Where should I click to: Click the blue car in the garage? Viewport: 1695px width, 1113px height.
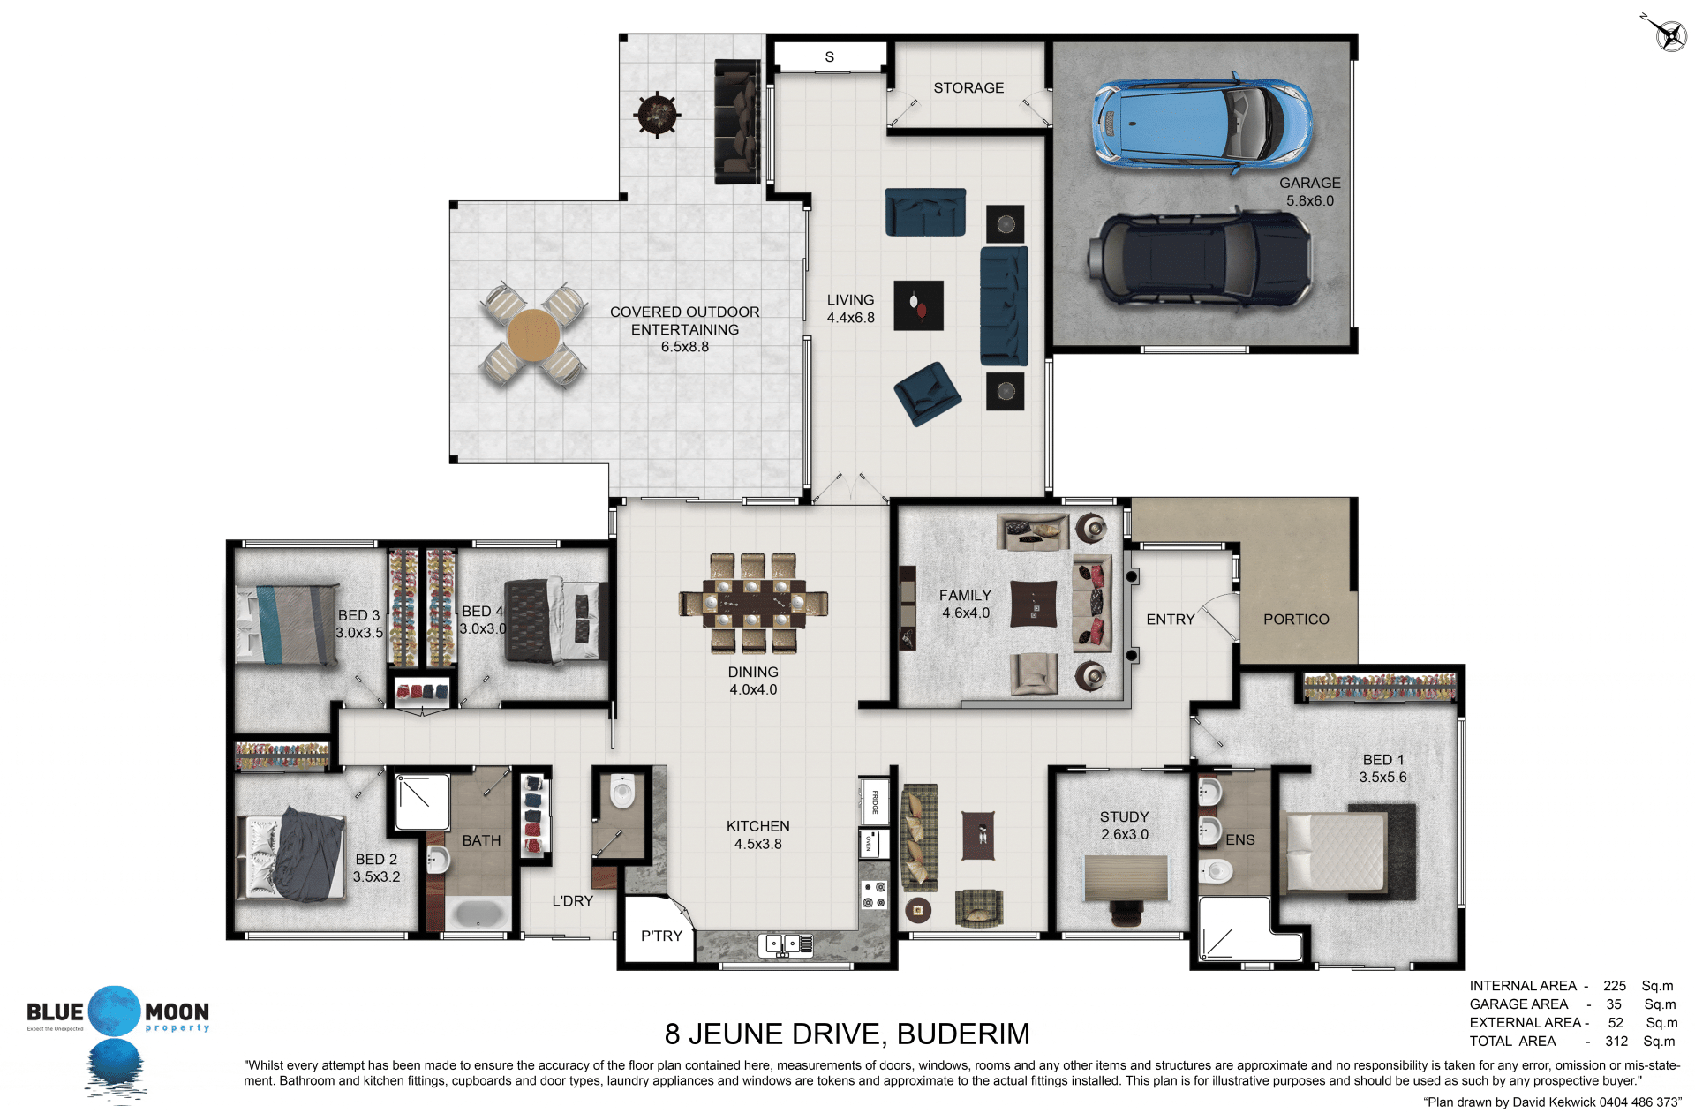[x=1202, y=122]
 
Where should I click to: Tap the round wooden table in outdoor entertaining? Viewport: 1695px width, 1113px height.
[x=533, y=335]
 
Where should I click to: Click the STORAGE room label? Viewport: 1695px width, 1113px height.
[x=968, y=88]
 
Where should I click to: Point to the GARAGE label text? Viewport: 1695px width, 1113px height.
[x=1309, y=183]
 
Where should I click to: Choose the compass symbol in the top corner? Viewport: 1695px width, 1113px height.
[x=1668, y=33]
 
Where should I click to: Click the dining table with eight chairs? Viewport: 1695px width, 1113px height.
[x=754, y=604]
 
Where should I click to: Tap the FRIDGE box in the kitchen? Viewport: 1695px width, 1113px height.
[x=874, y=801]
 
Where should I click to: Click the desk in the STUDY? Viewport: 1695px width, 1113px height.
[x=1126, y=877]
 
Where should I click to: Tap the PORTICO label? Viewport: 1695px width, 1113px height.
[x=1296, y=620]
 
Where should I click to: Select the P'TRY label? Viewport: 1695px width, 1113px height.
[x=661, y=936]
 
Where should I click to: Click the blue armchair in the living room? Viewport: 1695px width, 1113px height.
[x=927, y=394]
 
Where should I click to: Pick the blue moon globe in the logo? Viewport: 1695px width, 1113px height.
[x=114, y=1011]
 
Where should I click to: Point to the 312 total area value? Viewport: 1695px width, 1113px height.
[x=1616, y=1042]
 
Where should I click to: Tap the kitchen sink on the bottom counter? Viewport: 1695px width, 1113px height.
[x=786, y=945]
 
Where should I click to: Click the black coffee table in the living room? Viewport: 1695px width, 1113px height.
[x=918, y=305]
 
